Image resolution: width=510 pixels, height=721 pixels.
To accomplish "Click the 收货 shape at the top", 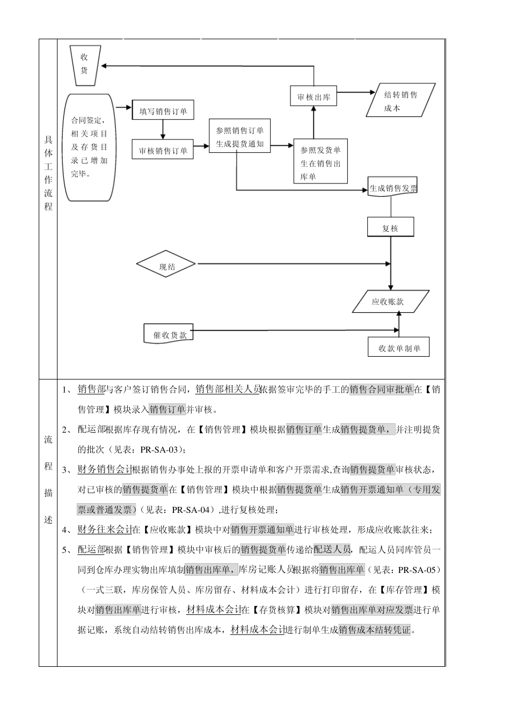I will [84, 65].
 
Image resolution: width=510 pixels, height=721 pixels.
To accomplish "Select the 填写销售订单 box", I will [163, 111].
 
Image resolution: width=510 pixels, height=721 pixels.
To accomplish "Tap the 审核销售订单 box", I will [163, 151].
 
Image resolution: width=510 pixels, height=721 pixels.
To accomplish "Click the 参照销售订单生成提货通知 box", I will [239, 137].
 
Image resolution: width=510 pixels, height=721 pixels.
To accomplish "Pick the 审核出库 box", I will [314, 97].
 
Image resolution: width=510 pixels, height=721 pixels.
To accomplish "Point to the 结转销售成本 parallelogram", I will [400, 101].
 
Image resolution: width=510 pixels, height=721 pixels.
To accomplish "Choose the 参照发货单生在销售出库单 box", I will [320, 163].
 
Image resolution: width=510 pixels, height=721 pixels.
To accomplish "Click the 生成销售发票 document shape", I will [392, 188].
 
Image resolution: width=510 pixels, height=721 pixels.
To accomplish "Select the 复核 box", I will [390, 228].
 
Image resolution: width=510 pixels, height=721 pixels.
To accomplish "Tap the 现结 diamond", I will [167, 266].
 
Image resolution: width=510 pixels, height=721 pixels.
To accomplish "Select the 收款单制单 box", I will [399, 348].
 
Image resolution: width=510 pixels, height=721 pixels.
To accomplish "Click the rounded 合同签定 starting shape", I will [89, 147].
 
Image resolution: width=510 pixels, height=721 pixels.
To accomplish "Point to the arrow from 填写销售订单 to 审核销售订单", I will [163, 129].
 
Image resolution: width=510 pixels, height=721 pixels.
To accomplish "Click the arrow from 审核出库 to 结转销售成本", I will [356, 93].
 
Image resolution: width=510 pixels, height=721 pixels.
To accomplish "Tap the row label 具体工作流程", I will [48, 173].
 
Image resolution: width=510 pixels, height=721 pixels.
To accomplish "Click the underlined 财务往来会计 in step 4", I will [105, 530].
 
